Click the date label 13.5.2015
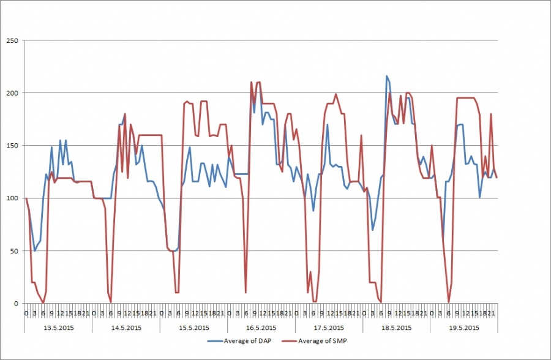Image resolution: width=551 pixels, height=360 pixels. tap(58, 328)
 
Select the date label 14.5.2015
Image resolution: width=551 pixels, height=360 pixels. tap(126, 328)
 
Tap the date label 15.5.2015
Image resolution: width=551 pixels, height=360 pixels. tap(193, 328)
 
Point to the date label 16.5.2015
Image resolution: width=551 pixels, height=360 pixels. tap(261, 328)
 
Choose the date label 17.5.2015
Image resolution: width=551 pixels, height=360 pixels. tap(329, 328)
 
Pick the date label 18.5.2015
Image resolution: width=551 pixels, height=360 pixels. tap(396, 328)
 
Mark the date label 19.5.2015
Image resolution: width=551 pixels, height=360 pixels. tap(463, 328)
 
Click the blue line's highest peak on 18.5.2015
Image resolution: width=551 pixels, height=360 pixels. tap(386, 76)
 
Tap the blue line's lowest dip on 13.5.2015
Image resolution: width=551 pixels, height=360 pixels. tap(34, 250)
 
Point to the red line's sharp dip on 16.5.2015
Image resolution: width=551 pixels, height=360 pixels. tap(246, 293)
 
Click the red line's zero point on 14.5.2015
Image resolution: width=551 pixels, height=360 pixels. tap(111, 302)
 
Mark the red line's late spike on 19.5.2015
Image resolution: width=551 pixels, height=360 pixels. tap(491, 114)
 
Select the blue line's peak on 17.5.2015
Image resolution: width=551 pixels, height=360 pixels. tap(328, 125)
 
